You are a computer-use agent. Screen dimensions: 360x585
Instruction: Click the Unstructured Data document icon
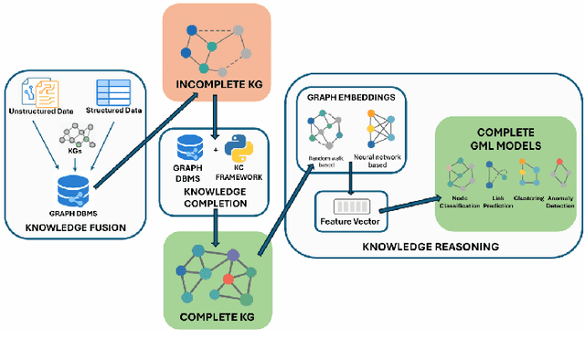(x=42, y=91)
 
